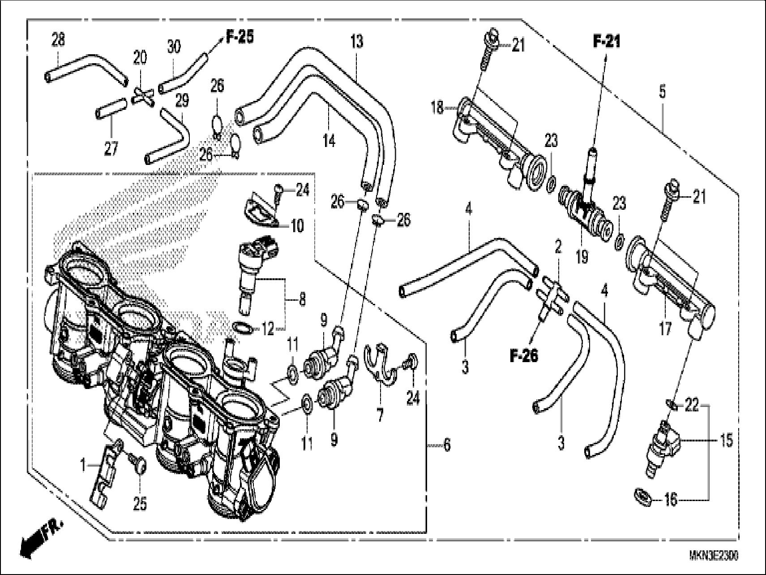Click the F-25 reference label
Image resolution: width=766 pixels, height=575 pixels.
pyautogui.click(x=240, y=37)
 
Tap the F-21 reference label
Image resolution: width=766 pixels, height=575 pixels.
pyautogui.click(x=607, y=42)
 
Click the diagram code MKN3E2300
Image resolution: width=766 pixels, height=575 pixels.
pyautogui.click(x=714, y=556)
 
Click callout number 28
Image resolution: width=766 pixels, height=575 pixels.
pyautogui.click(x=58, y=40)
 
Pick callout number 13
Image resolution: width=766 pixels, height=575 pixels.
pyautogui.click(x=357, y=42)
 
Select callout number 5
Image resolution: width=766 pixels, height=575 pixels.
pyautogui.click(x=662, y=92)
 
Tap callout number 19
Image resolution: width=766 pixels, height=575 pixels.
pyautogui.click(x=582, y=257)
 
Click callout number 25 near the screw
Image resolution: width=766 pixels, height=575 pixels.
pyautogui.click(x=140, y=504)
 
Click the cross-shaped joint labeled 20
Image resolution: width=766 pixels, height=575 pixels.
pyautogui.click(x=143, y=96)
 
